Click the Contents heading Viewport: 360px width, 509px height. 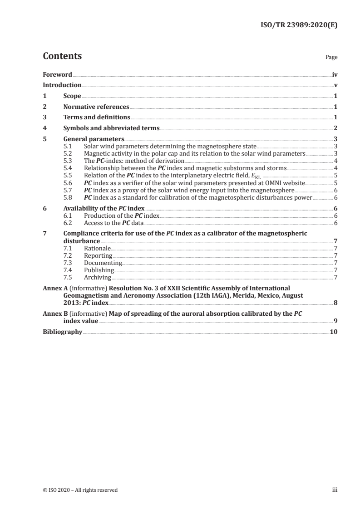[62, 56]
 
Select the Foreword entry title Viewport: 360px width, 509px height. [57, 74]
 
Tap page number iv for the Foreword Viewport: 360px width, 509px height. [335, 74]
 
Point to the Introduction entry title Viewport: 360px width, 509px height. [62, 85]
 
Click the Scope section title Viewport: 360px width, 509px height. [72, 96]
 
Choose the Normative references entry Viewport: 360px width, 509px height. [96, 107]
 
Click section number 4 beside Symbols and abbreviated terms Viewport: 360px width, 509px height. [44, 128]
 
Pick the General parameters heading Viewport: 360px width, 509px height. [94, 139]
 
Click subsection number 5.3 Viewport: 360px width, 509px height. [68, 161]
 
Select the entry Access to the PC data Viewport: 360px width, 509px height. [113, 223]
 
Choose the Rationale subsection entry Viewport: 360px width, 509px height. [97, 249]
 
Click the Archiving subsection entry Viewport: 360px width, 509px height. [98, 277]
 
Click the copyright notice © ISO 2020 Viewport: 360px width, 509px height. [80, 490]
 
